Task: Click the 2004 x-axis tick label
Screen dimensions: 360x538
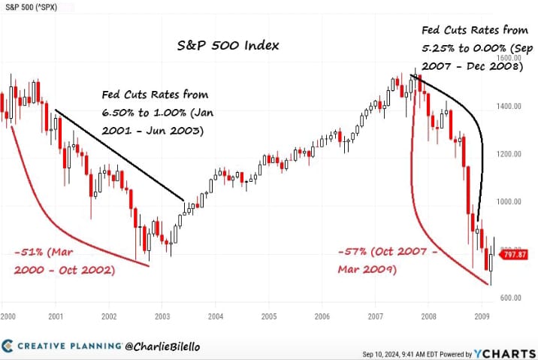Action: pyautogui.click(x=215, y=317)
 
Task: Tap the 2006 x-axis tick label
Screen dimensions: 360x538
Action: pyautogui.click(x=322, y=317)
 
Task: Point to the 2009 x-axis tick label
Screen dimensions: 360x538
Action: pyautogui.click(x=482, y=317)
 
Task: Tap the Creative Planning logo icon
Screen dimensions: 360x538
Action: pyautogui.click(x=8, y=346)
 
